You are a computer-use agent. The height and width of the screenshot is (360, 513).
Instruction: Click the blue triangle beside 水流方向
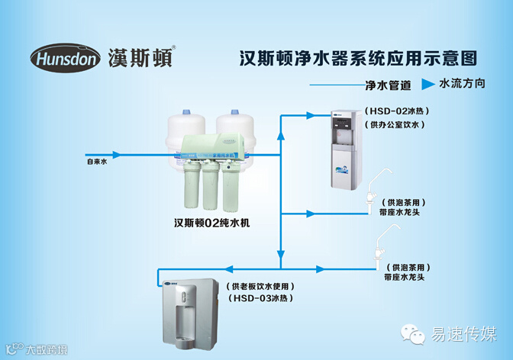(x=427, y=82)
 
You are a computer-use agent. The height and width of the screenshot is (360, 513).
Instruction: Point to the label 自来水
(x=95, y=162)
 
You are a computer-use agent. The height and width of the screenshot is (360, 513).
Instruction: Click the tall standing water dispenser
(x=346, y=149)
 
